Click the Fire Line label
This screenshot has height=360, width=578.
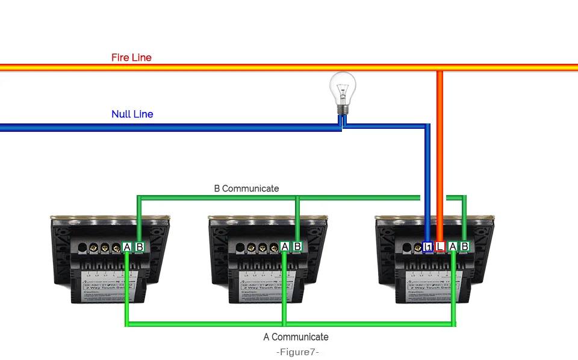(x=131, y=58)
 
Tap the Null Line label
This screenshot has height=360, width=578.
(x=132, y=114)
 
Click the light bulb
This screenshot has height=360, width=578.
(x=343, y=90)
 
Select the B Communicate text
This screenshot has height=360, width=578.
(x=246, y=188)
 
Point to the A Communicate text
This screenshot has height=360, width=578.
(x=296, y=337)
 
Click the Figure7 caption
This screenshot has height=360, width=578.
(x=297, y=352)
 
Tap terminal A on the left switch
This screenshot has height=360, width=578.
(x=127, y=247)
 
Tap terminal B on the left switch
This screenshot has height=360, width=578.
(x=139, y=247)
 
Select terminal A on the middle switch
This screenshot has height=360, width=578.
(x=285, y=246)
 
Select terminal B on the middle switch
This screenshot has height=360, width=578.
(x=297, y=246)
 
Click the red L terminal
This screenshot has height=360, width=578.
(x=440, y=246)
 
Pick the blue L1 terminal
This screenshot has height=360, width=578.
(x=428, y=246)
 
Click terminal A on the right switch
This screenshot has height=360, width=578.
(x=453, y=246)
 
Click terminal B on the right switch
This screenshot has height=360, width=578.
(x=464, y=246)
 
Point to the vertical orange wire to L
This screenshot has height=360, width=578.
(x=440, y=157)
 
